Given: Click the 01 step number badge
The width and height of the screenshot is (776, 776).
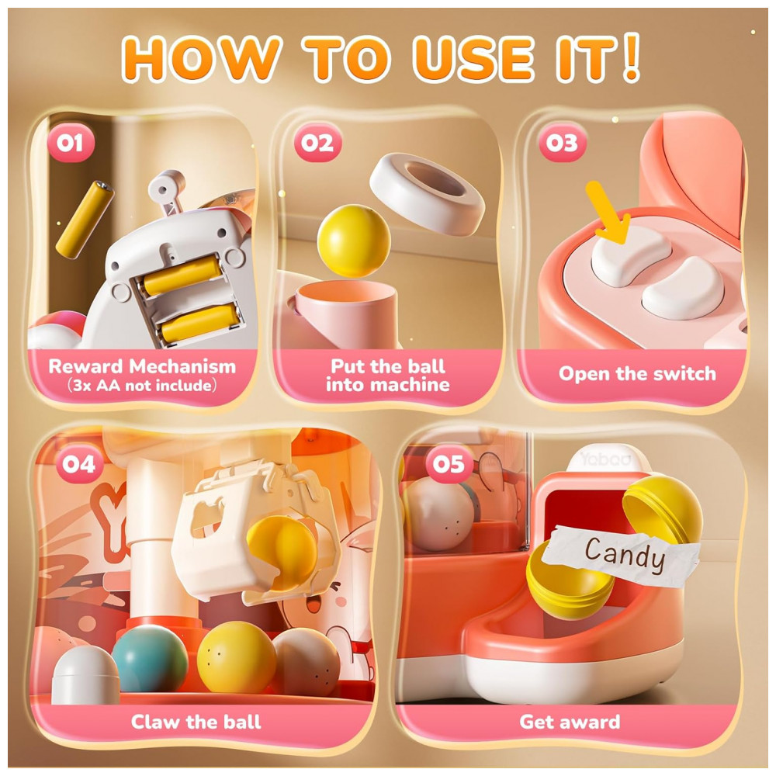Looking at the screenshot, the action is tap(71, 143).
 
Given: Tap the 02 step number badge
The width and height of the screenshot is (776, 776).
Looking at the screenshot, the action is tap(317, 143).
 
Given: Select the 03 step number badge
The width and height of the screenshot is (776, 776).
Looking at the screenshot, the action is tap(562, 143).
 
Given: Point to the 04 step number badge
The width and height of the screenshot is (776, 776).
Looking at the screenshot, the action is tap(80, 464).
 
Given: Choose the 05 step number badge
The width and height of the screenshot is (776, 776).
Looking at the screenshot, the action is tap(449, 464).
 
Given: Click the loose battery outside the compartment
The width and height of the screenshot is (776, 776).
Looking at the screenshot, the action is tap(85, 220).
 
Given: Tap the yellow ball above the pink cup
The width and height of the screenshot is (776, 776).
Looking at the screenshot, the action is tap(353, 241).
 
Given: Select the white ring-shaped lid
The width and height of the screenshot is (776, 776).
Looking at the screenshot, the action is tap(427, 194).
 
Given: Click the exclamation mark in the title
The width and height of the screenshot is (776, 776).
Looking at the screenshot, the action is tap(630, 57).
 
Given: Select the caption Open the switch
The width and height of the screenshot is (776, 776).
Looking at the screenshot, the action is tap(637, 374).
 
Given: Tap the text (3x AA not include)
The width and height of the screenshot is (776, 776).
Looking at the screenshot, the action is tap(142, 386).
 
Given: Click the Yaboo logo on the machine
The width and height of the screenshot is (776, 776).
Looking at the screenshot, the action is tap(606, 459).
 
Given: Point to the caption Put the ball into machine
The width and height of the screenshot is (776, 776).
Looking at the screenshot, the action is tap(388, 375).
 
